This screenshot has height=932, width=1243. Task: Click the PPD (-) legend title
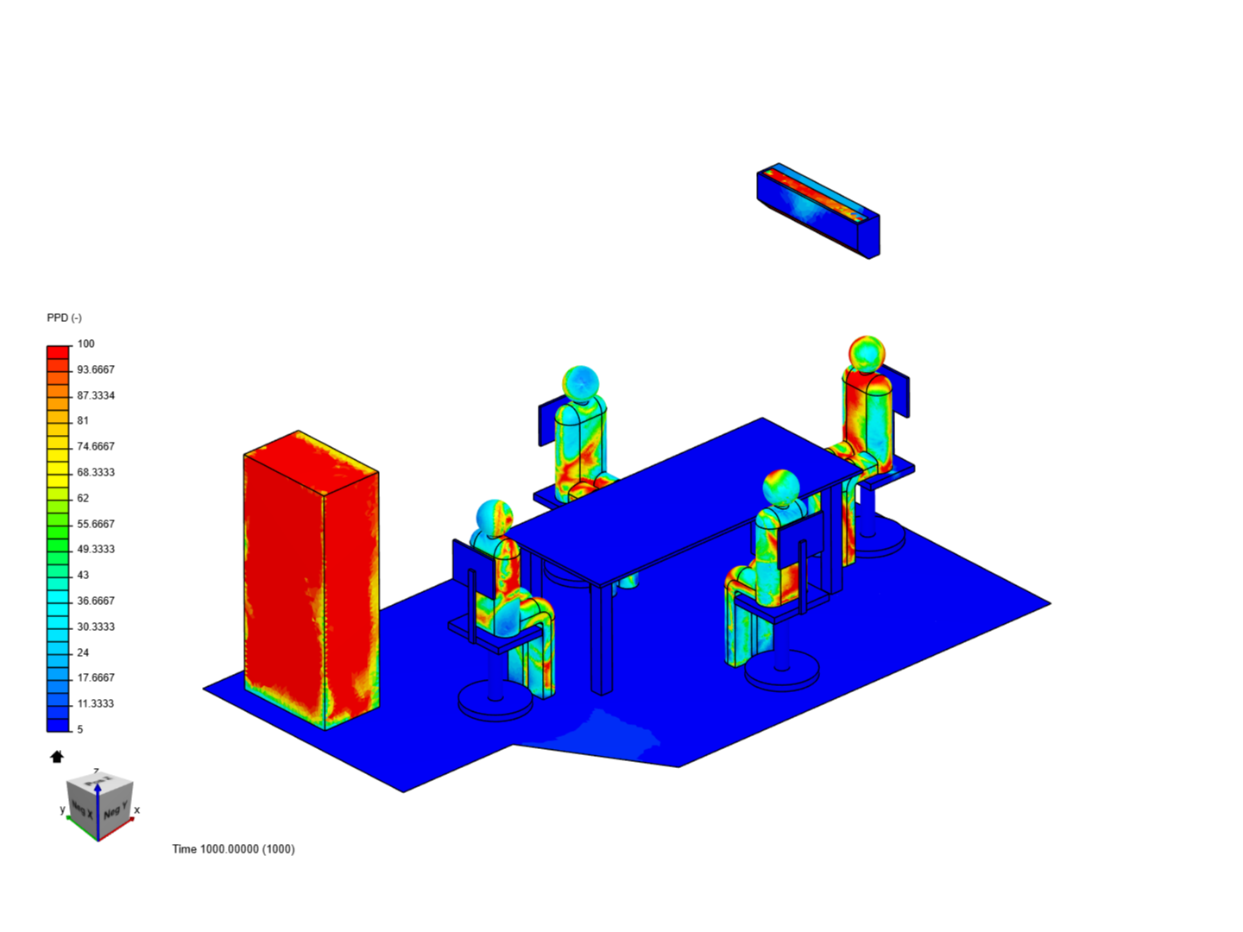point(64,318)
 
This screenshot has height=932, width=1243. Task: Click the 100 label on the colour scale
point(85,343)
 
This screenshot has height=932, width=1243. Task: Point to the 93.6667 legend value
point(95,369)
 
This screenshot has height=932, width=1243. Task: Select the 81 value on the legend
point(83,420)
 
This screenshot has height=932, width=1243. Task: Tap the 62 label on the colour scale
point(83,498)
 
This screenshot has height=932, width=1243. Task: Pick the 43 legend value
point(83,575)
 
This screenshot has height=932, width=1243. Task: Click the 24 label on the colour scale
point(83,652)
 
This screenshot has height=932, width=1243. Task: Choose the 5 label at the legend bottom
point(80,729)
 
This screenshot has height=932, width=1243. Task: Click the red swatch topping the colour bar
point(58,352)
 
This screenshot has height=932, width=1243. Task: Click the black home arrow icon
point(57,757)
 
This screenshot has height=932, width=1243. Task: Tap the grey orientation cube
point(100,803)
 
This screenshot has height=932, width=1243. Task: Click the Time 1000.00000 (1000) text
point(233,849)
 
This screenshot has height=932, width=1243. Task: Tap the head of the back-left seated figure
point(580,383)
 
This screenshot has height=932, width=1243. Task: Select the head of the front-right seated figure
point(780,488)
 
